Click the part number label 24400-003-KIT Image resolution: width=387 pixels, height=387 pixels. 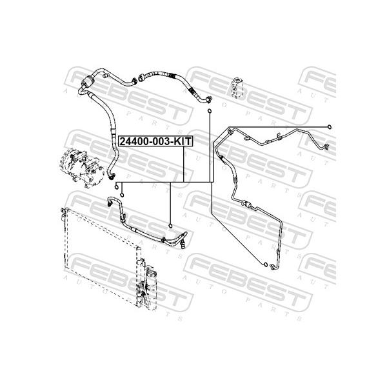point(155,141)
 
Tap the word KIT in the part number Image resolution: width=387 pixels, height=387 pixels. point(182,141)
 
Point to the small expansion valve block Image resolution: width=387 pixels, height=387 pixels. point(237,88)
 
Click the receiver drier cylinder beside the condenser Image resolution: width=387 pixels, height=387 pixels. point(150,279)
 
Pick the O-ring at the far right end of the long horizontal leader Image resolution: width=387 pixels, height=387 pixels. point(329,127)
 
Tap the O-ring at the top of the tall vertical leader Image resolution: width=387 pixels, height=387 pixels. point(209,111)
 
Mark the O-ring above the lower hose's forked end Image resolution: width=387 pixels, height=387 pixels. point(170,226)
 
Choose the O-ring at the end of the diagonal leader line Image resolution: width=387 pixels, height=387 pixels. point(265,265)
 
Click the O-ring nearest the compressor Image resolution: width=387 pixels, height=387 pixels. point(117,186)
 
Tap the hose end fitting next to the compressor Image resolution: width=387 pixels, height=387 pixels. point(112,175)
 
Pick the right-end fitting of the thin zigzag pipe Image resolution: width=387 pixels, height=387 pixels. point(327,146)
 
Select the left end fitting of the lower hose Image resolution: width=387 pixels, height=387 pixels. point(110,203)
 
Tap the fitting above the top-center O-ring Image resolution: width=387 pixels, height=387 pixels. point(210,99)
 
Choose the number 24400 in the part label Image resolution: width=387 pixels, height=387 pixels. point(132,141)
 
